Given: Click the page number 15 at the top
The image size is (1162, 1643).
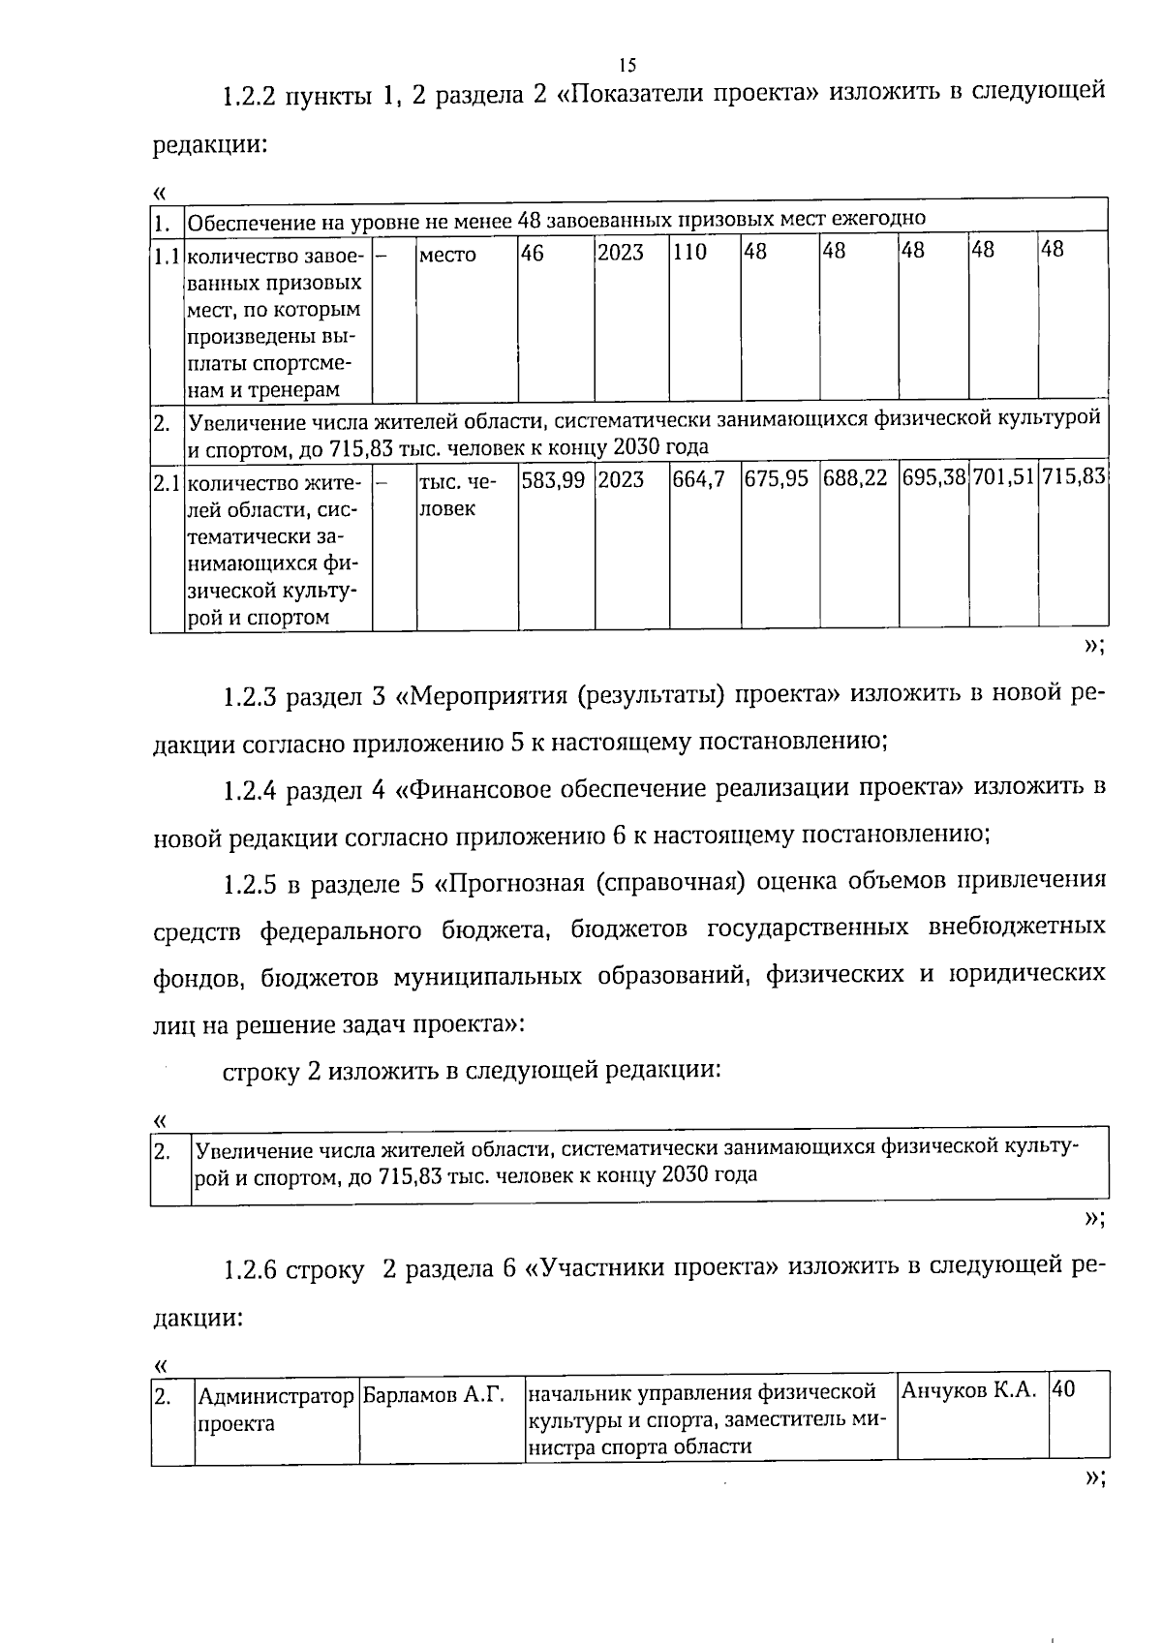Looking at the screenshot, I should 627,65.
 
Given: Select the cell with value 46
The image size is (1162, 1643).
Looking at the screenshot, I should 533,253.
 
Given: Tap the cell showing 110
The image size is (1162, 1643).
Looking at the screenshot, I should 690,253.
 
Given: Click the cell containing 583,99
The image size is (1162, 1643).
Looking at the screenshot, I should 553,479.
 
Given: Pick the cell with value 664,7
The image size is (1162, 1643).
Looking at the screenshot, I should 698,479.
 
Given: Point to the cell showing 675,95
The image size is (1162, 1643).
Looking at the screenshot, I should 776,479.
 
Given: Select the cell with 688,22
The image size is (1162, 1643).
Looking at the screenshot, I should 855,479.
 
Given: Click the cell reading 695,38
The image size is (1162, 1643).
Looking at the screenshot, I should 933,479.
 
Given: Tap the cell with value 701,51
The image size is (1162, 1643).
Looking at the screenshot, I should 1003,479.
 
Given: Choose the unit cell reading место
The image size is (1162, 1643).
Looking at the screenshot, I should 447,256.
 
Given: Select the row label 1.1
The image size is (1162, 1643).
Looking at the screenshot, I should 167,257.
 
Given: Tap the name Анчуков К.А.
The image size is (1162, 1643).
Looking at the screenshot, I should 969,1390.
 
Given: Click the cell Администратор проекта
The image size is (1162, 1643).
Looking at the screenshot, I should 275,1409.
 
